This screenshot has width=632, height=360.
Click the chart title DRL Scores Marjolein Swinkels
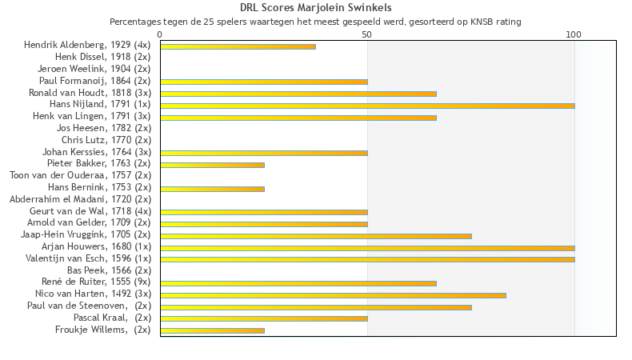coord(315,8)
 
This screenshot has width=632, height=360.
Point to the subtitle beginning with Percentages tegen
coord(315,22)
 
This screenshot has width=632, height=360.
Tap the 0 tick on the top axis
coord(160,35)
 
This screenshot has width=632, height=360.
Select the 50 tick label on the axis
coord(367,35)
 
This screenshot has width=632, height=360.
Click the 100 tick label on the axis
coord(574,35)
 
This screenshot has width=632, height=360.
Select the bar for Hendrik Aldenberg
coord(238,46)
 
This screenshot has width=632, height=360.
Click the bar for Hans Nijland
coord(367,106)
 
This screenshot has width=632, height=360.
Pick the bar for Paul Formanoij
coord(264,82)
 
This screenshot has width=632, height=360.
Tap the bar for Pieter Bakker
coord(212,165)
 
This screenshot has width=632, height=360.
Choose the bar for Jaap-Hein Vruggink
coord(316,236)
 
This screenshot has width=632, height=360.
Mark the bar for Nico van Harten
coord(333,295)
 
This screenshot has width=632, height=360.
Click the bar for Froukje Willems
coord(212,330)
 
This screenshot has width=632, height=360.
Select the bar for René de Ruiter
coord(298,283)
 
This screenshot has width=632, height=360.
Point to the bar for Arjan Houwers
coord(367,248)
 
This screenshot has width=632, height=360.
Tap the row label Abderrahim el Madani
coord(80,199)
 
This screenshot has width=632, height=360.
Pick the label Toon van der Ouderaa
coord(80,175)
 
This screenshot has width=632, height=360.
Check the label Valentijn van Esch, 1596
coord(88,258)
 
